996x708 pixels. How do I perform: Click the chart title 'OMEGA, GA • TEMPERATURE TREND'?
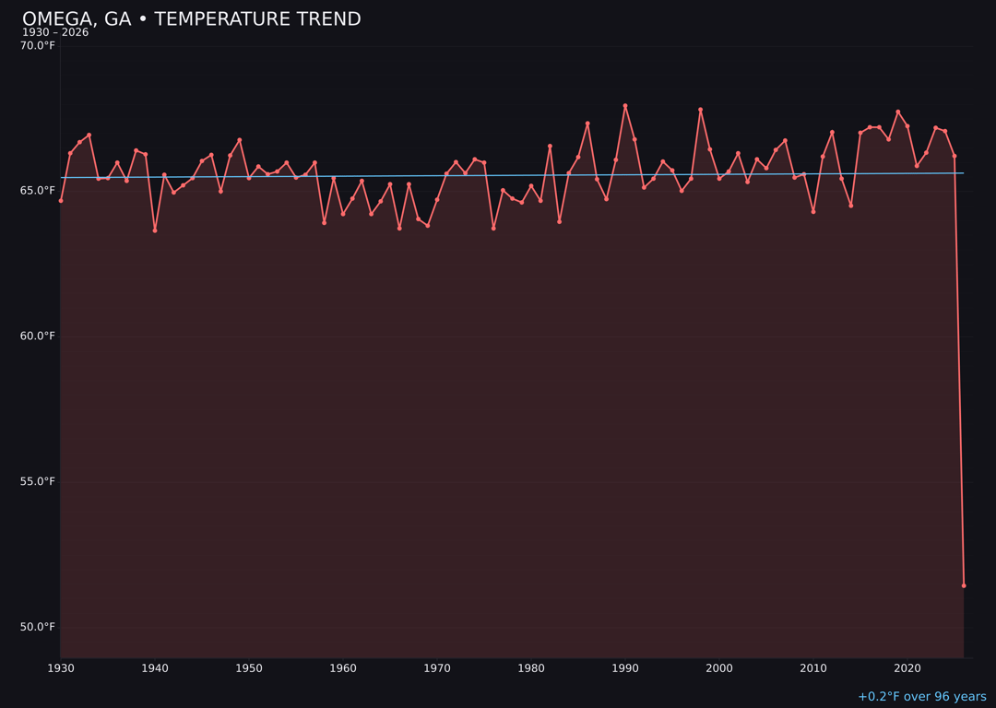(x=191, y=19)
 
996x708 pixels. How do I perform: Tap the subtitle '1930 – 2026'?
(x=55, y=33)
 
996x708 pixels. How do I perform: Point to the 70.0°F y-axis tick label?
(x=38, y=46)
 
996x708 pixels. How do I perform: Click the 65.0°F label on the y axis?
(x=38, y=191)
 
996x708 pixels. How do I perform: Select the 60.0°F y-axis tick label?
(x=38, y=336)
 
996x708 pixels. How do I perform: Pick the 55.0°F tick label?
(x=38, y=481)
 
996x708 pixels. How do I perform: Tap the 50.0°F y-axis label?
(x=38, y=627)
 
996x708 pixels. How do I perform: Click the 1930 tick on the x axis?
(x=61, y=668)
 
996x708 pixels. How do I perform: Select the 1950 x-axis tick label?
(x=249, y=668)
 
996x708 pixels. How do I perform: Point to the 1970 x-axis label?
(x=437, y=668)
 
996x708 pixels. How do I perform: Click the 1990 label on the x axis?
(x=625, y=668)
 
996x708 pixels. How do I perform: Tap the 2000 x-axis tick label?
(x=719, y=668)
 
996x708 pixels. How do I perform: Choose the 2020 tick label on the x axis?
(x=907, y=668)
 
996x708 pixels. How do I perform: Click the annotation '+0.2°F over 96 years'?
(x=921, y=697)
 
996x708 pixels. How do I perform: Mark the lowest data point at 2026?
(x=964, y=585)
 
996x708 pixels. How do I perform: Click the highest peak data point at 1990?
(x=625, y=106)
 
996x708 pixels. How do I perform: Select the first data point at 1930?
(x=61, y=200)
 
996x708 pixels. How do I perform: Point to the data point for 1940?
(x=155, y=230)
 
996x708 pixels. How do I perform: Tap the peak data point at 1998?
(x=700, y=110)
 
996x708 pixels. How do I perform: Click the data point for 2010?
(x=813, y=211)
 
